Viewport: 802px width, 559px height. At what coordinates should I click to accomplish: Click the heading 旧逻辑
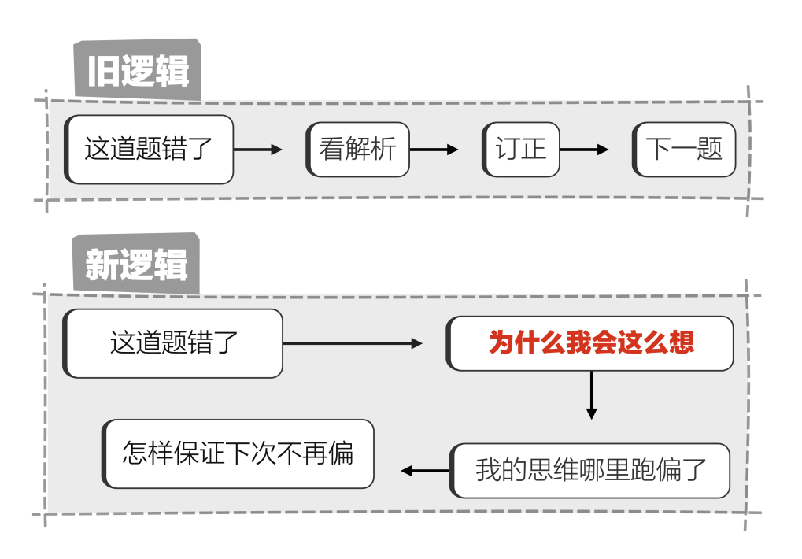point(138,72)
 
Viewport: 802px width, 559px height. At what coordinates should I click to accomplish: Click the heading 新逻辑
point(137,265)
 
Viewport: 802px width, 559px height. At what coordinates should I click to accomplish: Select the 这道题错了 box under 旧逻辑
point(150,150)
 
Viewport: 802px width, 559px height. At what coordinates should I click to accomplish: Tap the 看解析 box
point(358,150)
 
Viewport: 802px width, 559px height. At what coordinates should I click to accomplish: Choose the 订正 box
point(521,150)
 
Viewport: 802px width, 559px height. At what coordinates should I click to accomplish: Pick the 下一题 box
point(684,150)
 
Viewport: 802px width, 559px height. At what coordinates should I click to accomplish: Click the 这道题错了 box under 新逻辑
point(174,343)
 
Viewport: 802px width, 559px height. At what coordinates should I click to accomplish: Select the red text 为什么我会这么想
point(591,343)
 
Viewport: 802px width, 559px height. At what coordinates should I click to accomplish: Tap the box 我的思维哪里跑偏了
point(591,471)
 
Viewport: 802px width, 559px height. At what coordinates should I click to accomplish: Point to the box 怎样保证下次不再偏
point(238,453)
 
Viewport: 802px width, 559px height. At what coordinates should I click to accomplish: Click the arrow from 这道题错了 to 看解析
point(258,150)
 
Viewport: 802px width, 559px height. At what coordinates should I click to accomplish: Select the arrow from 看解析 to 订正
point(434,150)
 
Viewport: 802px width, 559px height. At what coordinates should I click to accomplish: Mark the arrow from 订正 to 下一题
point(584,150)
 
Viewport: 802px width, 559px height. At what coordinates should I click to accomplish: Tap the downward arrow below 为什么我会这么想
point(592,395)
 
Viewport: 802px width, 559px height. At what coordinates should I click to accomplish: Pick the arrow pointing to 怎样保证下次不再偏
point(425,471)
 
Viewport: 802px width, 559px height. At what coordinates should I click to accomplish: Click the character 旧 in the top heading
point(103,72)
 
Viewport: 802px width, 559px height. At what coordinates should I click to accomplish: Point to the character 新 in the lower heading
point(102,265)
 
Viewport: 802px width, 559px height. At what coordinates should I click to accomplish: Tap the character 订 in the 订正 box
point(508,150)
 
